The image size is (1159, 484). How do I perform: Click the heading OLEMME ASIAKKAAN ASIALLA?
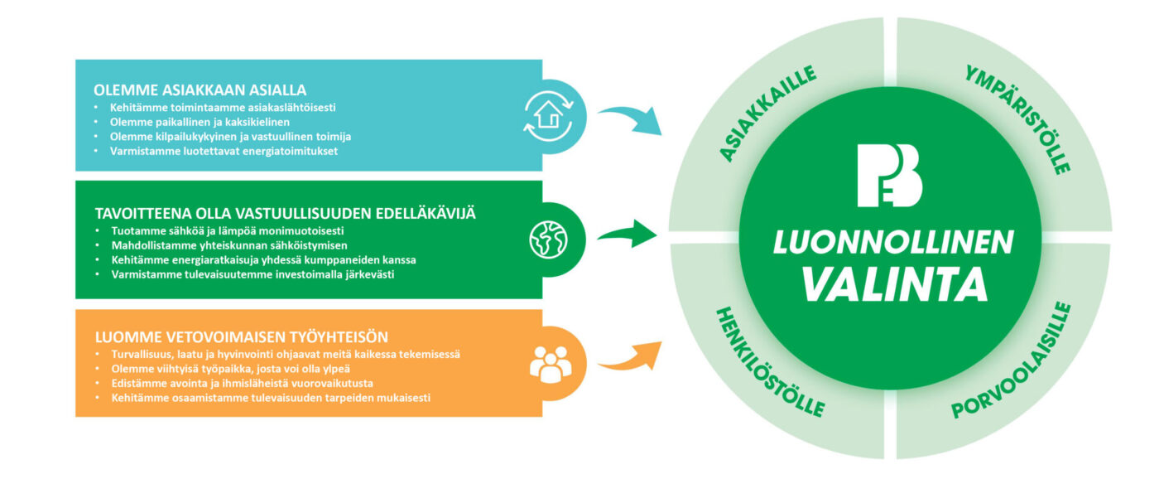[x=200, y=90]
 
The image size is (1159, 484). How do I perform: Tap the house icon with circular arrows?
[x=548, y=116]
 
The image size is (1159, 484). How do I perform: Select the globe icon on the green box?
[x=548, y=240]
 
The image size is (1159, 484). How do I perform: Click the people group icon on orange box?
[x=551, y=365]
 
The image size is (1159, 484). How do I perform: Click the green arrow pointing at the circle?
[x=628, y=234]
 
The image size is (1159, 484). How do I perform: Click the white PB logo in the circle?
[x=889, y=176]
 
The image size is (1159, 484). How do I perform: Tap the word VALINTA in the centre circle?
[x=895, y=284]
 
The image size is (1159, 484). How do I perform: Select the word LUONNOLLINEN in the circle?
[x=893, y=243]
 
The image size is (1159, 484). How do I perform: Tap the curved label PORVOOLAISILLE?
[x=1012, y=361]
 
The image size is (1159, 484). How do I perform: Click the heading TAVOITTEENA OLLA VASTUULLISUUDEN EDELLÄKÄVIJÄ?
[x=285, y=214]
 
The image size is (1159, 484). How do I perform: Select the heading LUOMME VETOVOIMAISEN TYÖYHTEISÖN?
[x=242, y=337]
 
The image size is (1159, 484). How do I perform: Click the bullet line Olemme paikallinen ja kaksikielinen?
[x=200, y=123]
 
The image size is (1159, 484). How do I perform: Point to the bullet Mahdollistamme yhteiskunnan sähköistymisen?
[x=229, y=245]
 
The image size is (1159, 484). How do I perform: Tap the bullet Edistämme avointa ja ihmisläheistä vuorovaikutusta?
[x=242, y=384]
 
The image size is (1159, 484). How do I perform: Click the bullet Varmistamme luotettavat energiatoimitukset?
[x=224, y=152]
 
